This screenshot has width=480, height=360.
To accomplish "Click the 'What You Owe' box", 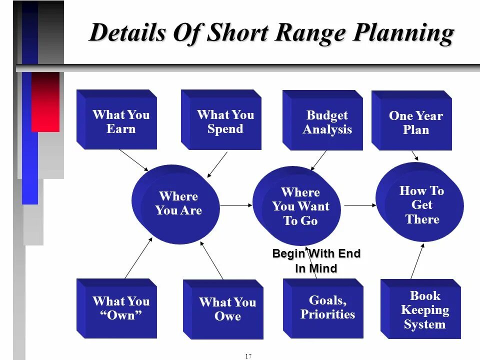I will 223,309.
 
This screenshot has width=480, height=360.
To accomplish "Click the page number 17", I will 248,356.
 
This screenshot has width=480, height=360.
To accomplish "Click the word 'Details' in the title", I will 128,33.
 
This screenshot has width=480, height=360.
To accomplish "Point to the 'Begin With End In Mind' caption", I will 316,261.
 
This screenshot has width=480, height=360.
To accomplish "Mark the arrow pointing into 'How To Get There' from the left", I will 359,205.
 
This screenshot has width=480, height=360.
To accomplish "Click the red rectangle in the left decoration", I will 45,102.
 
